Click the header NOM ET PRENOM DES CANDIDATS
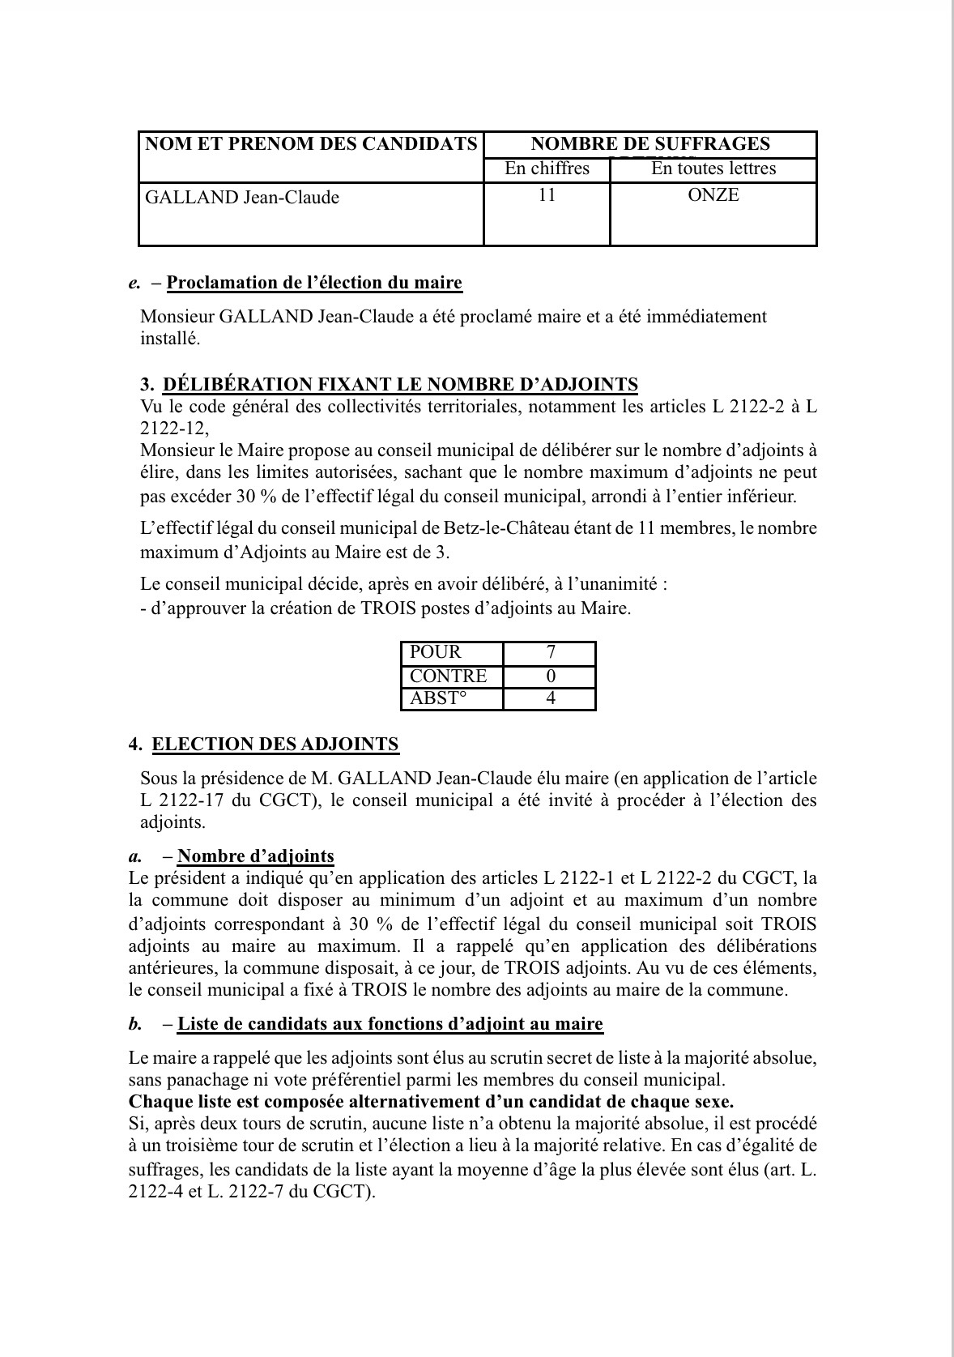311,145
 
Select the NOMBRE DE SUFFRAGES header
649,145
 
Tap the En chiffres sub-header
547,169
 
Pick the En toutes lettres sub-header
713,169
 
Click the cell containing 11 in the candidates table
547,195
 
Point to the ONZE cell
713,195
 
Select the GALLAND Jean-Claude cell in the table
242,198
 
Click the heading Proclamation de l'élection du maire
314,283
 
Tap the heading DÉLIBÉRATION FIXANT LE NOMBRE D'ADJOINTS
400,385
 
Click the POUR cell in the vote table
436,652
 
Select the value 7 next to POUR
551,652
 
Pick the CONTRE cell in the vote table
449,676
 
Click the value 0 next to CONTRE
551,676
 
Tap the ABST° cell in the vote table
439,698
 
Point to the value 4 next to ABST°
551,698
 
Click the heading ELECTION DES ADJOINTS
275,745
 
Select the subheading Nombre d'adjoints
256,856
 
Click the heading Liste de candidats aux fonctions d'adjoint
390,1024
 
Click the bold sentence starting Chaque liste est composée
431,1102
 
